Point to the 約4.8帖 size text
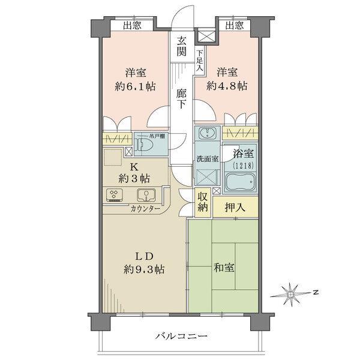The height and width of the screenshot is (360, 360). click(227, 86)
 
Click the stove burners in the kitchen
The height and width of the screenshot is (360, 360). click(113, 194)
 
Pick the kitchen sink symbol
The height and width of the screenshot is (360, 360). click(145, 194)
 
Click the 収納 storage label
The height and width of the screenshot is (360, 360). click(203, 202)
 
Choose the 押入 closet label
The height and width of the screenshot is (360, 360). click(233, 207)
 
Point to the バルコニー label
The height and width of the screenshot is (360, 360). click(179, 337)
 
